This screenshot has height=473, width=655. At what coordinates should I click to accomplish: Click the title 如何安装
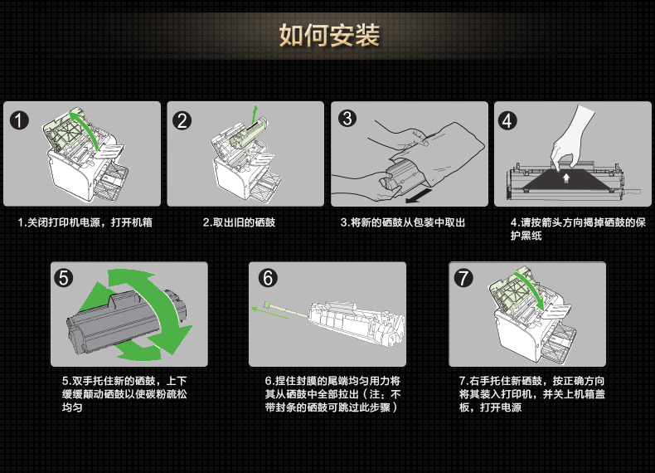point(329,36)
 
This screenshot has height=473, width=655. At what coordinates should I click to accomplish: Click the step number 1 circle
point(20,119)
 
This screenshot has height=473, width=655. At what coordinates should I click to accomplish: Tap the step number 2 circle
point(182,119)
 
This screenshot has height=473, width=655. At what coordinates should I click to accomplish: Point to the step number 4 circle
point(510,119)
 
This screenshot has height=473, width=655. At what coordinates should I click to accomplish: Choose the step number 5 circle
point(66,277)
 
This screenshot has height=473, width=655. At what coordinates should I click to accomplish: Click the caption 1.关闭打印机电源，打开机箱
point(85,222)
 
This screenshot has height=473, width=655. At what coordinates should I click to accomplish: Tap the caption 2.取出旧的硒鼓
point(239,222)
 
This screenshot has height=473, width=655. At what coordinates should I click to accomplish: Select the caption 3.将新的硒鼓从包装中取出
point(403,222)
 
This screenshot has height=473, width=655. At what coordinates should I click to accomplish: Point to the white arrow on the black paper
point(565,176)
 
